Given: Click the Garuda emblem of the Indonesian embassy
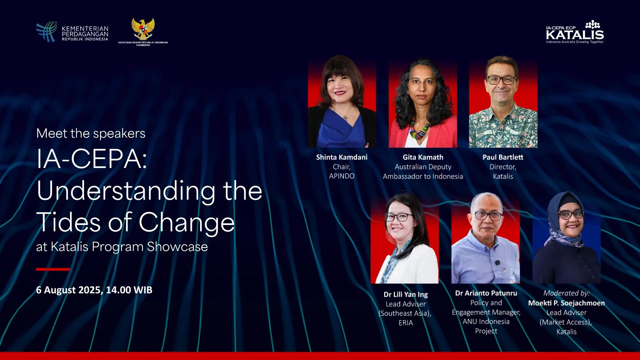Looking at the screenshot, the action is (x=143, y=29).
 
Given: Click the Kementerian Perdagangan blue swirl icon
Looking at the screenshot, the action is (x=46, y=32).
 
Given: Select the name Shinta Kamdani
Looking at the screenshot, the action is (x=342, y=157).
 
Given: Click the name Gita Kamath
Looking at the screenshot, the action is (x=423, y=157).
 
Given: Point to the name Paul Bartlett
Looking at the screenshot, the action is (x=503, y=157).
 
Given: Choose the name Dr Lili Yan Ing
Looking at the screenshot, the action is (x=406, y=295).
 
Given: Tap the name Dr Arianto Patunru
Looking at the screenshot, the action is (x=486, y=293).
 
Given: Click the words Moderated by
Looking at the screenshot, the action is (x=566, y=293).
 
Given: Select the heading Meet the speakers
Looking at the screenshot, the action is (x=91, y=133).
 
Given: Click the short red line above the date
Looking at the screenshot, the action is (x=53, y=269).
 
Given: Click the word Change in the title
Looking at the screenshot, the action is (x=187, y=222).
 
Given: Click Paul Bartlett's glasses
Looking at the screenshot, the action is (x=502, y=80).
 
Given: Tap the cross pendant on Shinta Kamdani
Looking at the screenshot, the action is (x=346, y=118).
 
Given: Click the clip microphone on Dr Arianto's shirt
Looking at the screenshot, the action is (x=498, y=263).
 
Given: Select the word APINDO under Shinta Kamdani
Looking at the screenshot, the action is (x=342, y=176).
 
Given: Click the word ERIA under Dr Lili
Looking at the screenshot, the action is (x=406, y=323).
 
